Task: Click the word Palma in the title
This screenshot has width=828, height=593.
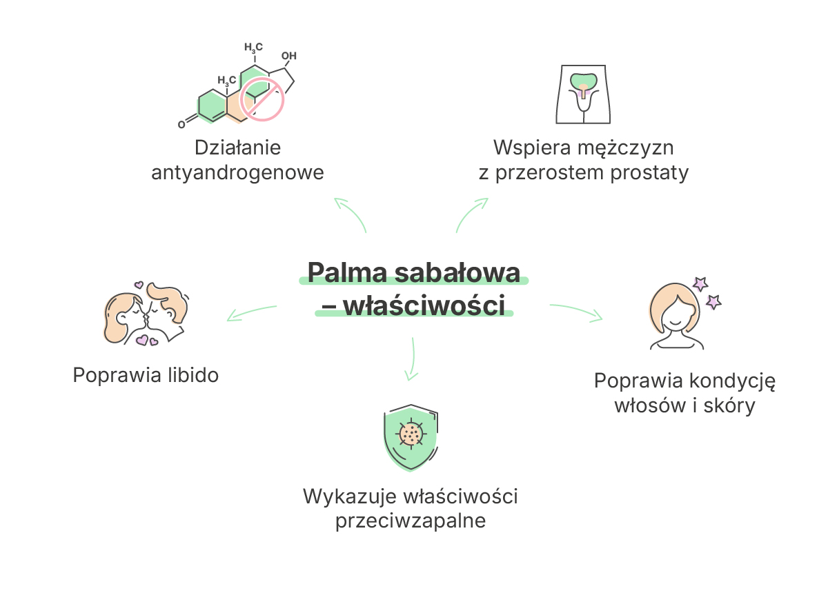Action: [x=347, y=272]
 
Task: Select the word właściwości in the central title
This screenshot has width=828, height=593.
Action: [x=424, y=305]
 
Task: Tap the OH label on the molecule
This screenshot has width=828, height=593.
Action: [x=289, y=56]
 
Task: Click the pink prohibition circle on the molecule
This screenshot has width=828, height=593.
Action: [x=262, y=99]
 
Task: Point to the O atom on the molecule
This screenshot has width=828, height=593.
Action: [x=181, y=125]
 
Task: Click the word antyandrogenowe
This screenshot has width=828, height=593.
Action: [x=237, y=172]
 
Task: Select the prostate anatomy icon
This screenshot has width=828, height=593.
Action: [x=583, y=94]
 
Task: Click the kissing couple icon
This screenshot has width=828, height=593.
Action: [x=146, y=314]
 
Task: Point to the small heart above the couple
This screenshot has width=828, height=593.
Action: [x=139, y=285]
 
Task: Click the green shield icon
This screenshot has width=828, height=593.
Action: [x=411, y=438]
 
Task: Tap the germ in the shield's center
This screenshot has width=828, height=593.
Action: [x=411, y=434]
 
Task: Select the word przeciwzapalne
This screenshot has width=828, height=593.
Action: [x=411, y=521]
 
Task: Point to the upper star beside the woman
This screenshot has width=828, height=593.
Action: [x=700, y=284]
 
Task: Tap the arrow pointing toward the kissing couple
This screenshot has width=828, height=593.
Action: [x=251, y=312]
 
